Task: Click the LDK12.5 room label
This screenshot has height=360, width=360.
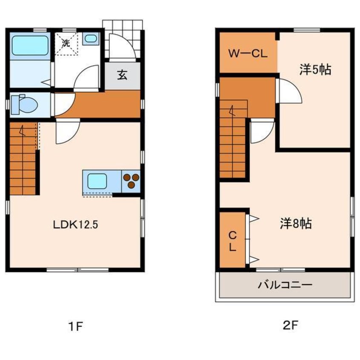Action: [x=76, y=225]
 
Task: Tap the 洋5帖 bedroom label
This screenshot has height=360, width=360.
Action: [x=315, y=69]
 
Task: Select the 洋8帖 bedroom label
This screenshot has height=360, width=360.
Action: [x=296, y=223]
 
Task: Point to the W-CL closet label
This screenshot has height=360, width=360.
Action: [x=248, y=54]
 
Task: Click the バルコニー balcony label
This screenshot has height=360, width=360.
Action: [x=285, y=285]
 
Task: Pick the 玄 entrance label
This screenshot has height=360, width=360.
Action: [x=122, y=75]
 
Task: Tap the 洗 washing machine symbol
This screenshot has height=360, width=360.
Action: [x=66, y=43]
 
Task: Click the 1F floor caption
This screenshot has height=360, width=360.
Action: [x=76, y=326]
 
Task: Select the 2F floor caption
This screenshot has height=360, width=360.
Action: [x=290, y=325]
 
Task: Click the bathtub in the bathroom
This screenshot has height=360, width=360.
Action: [x=30, y=46]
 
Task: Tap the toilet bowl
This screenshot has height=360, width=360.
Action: [x=25, y=104]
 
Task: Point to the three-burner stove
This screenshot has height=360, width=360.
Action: [x=131, y=181]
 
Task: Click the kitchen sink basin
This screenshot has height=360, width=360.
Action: [x=97, y=181]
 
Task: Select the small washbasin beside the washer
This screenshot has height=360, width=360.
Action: [x=91, y=38]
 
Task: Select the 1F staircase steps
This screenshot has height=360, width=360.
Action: [x=23, y=159]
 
